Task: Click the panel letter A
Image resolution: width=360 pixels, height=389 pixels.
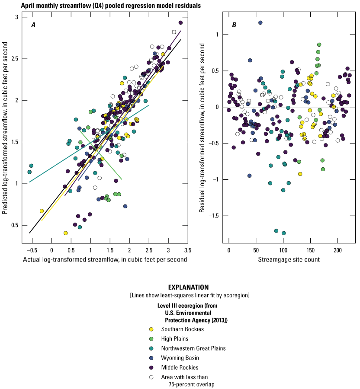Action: coord(33,25)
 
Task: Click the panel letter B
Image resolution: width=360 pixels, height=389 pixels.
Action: coord(234,25)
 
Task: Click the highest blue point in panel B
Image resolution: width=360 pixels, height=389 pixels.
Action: coord(260,22)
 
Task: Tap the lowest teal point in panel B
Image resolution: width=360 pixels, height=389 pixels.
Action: coord(284,233)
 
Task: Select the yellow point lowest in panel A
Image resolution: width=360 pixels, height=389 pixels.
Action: coord(66,233)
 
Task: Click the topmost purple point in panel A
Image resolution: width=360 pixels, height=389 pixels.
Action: coord(180,22)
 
